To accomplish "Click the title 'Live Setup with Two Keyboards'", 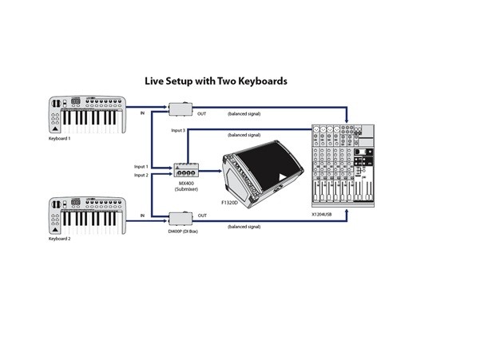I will coord(216,81).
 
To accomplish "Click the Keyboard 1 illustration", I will coord(86,115).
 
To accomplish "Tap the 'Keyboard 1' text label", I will coord(60,139).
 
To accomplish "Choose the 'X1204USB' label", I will coord(326,215).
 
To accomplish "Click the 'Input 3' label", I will coord(178,129).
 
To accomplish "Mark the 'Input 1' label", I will coord(141,167).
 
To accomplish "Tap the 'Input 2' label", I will coord(141,175).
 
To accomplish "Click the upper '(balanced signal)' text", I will coord(244,115).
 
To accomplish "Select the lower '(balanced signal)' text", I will coord(244,227).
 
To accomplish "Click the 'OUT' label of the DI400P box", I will coord(202,216).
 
